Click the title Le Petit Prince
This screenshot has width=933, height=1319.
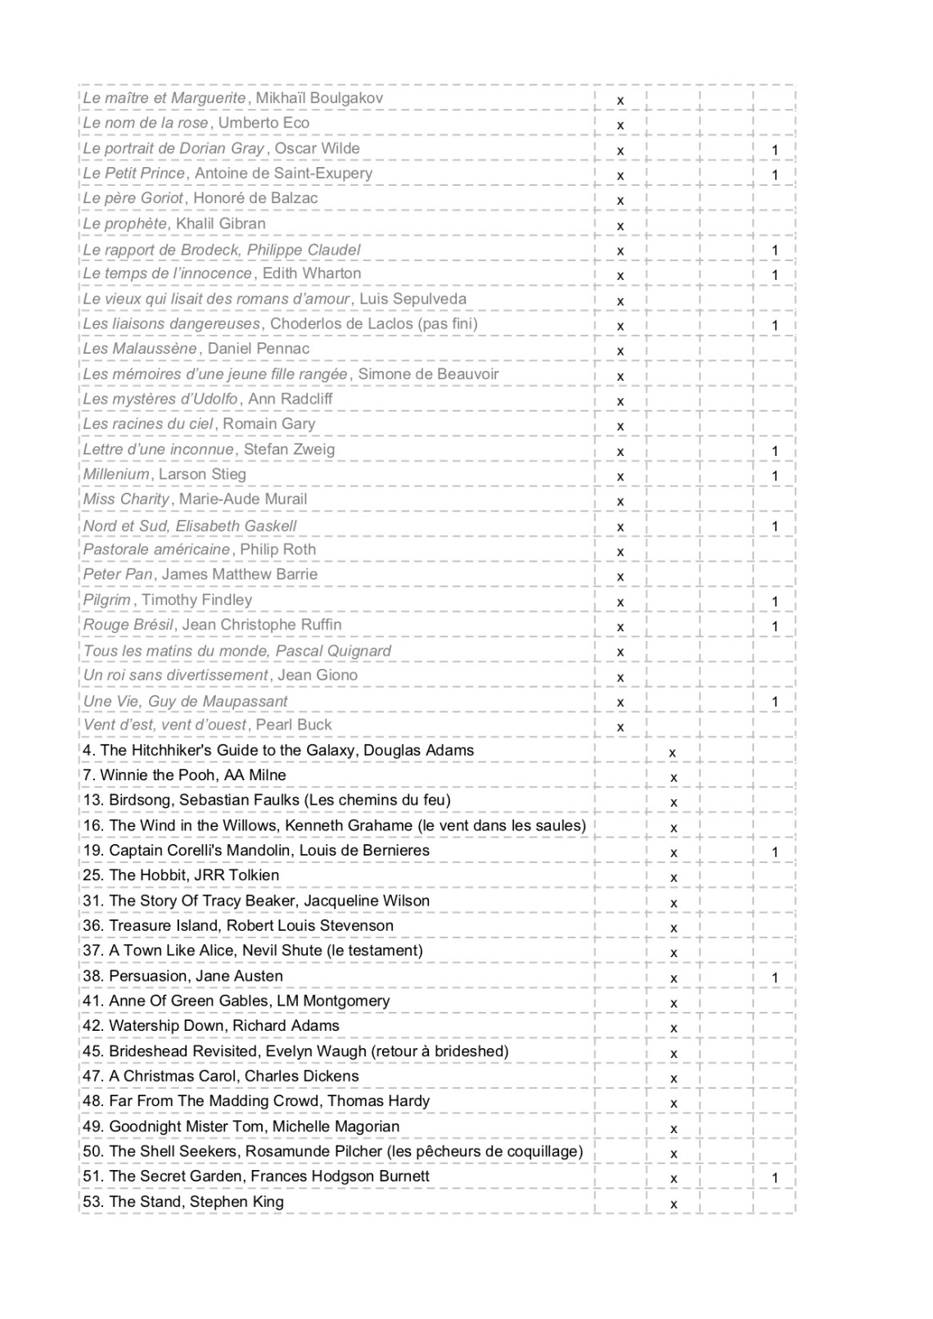(134, 174)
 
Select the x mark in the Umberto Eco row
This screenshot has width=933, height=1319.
(620, 125)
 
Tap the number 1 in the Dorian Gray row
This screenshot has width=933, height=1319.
(775, 150)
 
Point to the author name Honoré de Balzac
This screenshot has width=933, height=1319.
(255, 198)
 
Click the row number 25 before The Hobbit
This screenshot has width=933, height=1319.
(92, 875)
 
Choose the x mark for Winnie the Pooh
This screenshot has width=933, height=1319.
(674, 778)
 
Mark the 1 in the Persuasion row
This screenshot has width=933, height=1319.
(775, 978)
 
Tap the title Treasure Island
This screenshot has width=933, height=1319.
(163, 925)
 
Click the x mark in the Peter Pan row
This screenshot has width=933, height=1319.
(620, 577)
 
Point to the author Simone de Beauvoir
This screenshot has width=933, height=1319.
(428, 374)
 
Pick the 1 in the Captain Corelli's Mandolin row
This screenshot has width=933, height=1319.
(775, 852)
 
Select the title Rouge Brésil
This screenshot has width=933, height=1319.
(128, 625)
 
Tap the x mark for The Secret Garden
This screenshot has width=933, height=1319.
(674, 1179)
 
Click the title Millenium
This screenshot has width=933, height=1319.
(116, 474)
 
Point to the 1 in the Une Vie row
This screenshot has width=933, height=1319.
(775, 702)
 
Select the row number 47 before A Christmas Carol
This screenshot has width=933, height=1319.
(92, 1076)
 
